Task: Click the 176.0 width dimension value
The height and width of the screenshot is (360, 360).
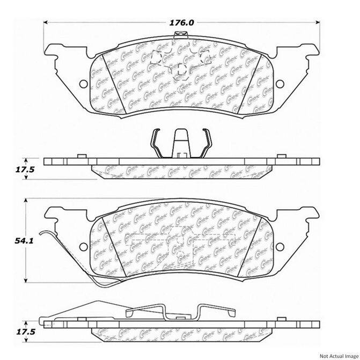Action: [x=183, y=23]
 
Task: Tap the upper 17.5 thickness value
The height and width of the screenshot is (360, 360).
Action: [x=20, y=170]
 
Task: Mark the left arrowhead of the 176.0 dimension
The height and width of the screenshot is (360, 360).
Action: [x=45, y=23]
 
